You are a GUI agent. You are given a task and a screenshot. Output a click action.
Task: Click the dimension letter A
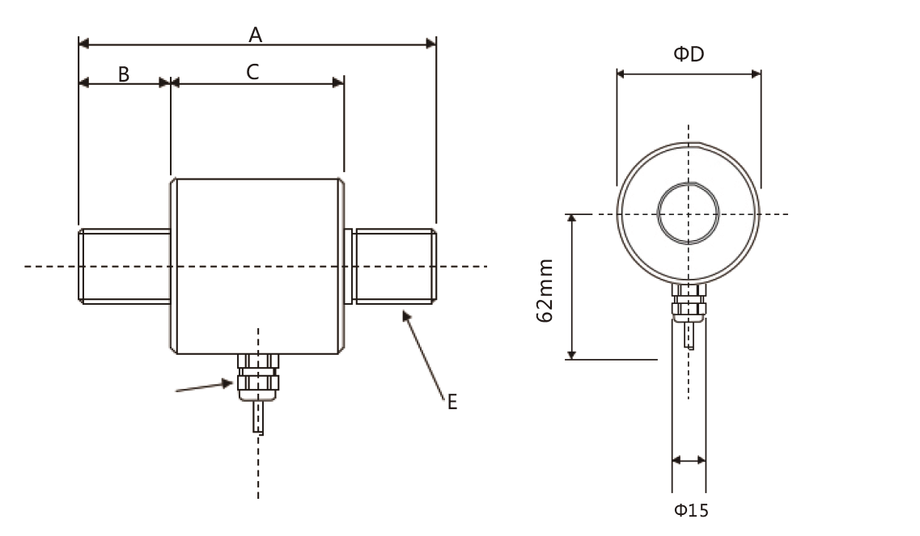[x=256, y=34]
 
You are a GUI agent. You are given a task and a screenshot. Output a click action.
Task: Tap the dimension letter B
[x=124, y=74]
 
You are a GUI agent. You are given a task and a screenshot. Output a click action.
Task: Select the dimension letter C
[x=252, y=72]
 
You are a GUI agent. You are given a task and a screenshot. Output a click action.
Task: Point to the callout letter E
[x=452, y=402]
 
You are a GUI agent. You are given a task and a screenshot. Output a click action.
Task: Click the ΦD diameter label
[x=689, y=55]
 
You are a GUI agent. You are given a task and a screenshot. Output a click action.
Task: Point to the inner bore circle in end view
[x=689, y=214]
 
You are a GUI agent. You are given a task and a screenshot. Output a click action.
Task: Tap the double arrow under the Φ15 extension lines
[x=689, y=461]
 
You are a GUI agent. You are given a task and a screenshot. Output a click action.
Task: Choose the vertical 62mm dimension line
[x=572, y=287]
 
